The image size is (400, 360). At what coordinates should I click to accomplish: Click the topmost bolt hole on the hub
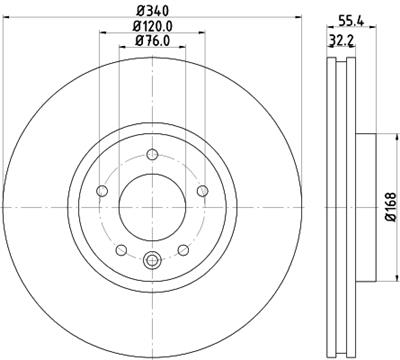(x=152, y=153)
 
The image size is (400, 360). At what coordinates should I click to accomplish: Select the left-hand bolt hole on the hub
(x=101, y=191)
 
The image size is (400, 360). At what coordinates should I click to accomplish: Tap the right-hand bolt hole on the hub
(x=203, y=191)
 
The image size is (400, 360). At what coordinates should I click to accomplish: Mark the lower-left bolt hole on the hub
(x=120, y=250)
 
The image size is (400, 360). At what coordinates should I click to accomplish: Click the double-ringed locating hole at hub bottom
(x=152, y=262)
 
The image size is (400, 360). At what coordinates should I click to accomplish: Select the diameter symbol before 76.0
(x=137, y=42)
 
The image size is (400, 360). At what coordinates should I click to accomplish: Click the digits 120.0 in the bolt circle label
(x=157, y=27)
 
